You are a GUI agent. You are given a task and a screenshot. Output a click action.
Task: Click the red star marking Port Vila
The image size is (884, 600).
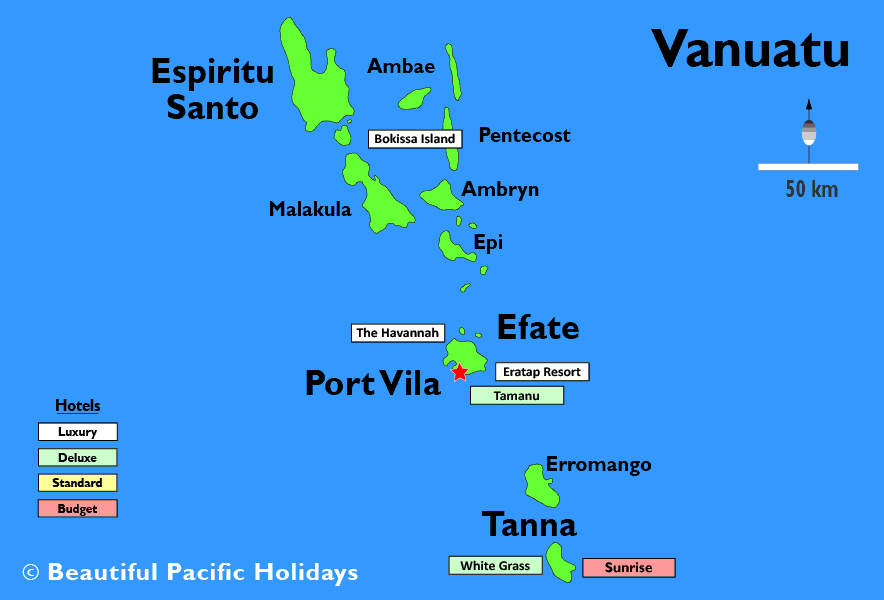pyautogui.click(x=459, y=373)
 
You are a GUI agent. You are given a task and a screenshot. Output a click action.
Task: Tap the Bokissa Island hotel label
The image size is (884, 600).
pyautogui.click(x=415, y=139)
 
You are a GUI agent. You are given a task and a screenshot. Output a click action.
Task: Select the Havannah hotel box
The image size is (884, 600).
pyautogui.click(x=397, y=333)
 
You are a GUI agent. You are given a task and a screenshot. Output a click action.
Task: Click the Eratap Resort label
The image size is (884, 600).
pyautogui.click(x=541, y=372)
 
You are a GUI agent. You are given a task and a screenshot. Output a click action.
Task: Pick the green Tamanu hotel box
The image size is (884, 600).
pyautogui.click(x=516, y=396)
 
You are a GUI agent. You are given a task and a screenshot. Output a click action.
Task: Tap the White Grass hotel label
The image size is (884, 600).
pyautogui.click(x=494, y=566)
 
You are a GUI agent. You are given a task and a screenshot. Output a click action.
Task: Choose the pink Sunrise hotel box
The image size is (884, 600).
pyautogui.click(x=628, y=568)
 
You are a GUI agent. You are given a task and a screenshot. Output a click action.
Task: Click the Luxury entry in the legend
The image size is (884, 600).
pyautogui.click(x=77, y=432)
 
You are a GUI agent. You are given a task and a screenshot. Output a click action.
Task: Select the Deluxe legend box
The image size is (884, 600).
pyautogui.click(x=77, y=457)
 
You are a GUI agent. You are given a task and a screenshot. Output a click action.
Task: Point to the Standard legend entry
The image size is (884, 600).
pyautogui.click(x=77, y=483)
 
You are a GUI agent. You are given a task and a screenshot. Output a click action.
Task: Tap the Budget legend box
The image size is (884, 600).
pyautogui.click(x=77, y=509)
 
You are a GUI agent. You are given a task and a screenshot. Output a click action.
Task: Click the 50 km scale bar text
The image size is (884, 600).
pyautogui.click(x=811, y=189)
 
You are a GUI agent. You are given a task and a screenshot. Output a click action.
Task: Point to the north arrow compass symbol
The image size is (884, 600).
pyautogui.click(x=808, y=128)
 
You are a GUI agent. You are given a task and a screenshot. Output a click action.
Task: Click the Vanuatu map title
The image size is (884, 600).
pyautogui.click(x=750, y=48)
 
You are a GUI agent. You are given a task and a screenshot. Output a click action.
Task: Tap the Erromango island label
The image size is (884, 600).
pyautogui.click(x=598, y=465)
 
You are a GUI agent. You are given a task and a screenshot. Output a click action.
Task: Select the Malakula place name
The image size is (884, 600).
pyautogui.click(x=310, y=209)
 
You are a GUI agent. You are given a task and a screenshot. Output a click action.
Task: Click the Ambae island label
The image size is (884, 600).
pyautogui.click(x=401, y=67)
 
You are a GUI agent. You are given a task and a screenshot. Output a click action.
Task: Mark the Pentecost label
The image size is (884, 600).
pyautogui.click(x=524, y=135)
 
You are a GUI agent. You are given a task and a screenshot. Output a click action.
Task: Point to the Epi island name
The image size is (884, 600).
pyautogui.click(x=488, y=242)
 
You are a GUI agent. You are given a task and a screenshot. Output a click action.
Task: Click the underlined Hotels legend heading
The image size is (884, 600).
pyautogui.click(x=77, y=406)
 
